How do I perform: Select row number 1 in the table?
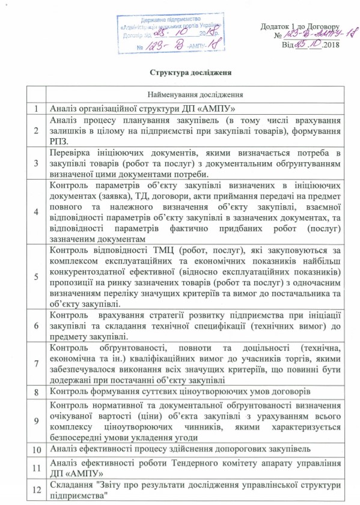(37, 109)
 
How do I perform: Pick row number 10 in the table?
(37, 449)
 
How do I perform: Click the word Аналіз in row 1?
(64, 109)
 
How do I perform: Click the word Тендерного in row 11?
(204, 462)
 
